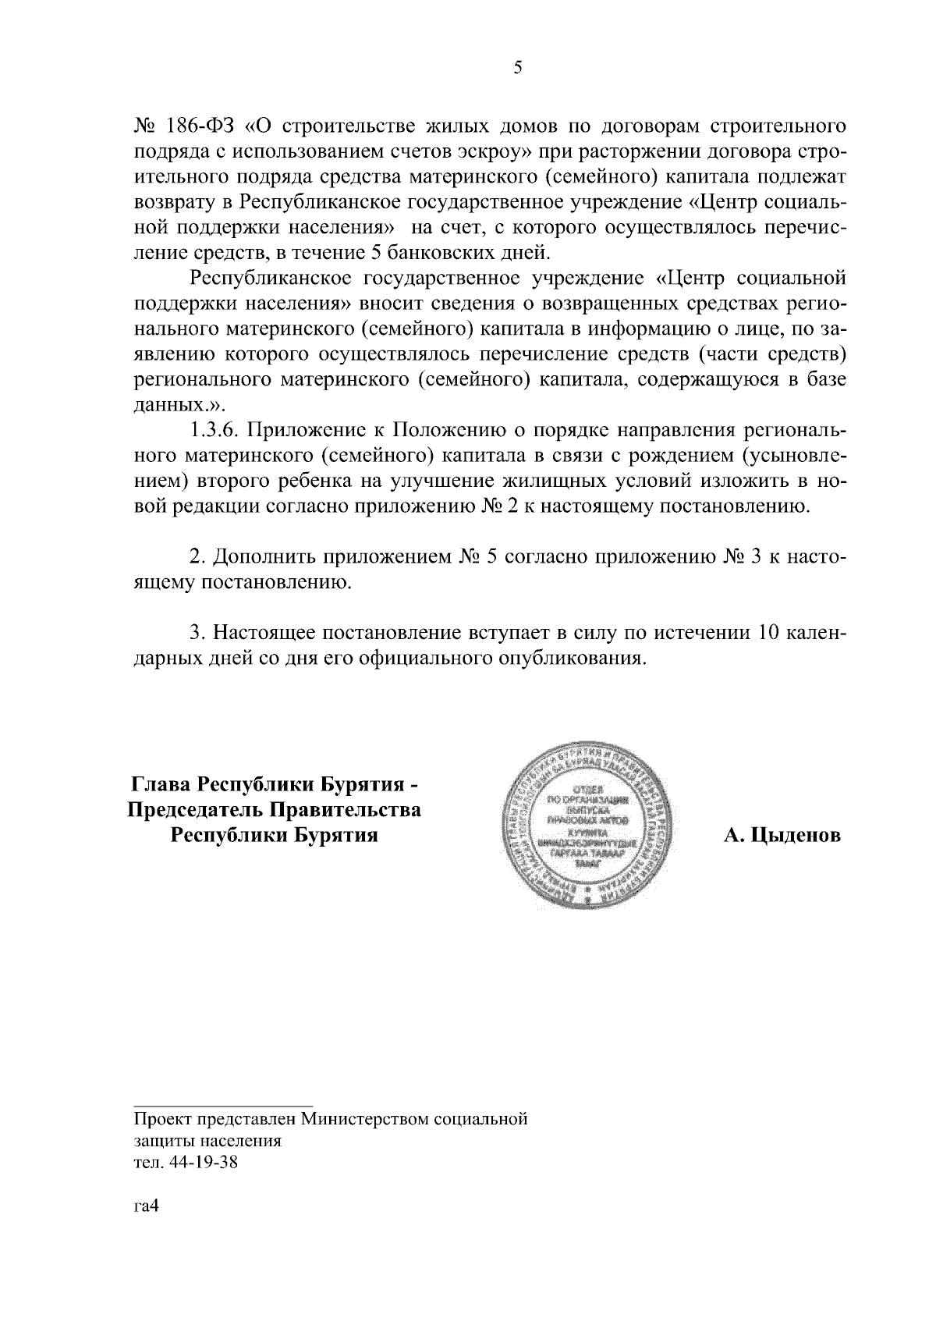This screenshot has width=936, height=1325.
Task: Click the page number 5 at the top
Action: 517,68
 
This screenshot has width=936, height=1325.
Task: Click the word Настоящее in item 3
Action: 265,632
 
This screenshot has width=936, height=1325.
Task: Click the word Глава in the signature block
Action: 159,783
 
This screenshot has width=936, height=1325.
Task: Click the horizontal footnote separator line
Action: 223,1105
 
